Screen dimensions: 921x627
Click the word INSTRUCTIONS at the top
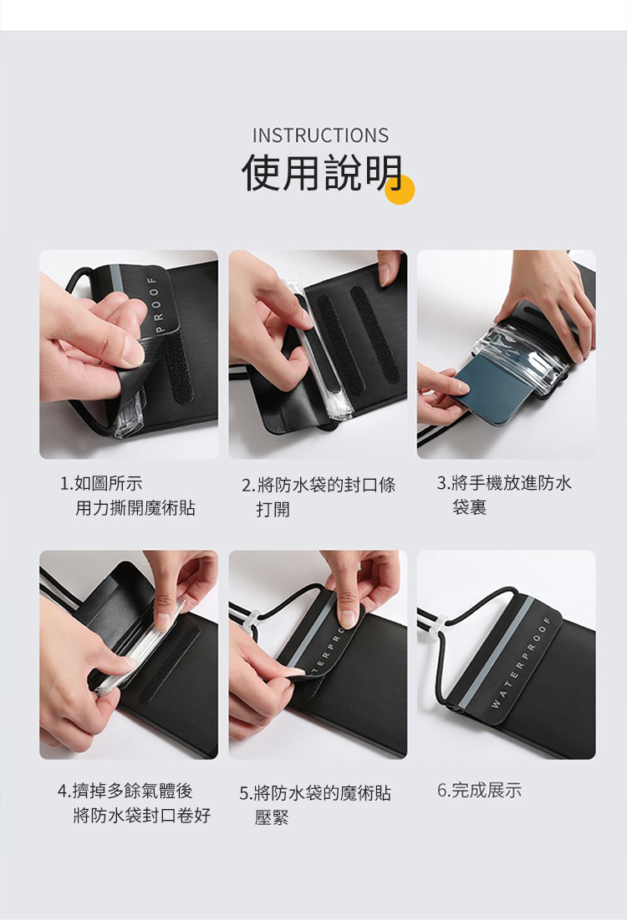coord(320,135)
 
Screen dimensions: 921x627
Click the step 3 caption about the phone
coord(504,495)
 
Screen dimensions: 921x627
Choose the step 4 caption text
coord(134,803)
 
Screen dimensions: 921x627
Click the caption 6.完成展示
coord(479,791)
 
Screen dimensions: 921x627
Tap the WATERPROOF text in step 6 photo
coord(522,664)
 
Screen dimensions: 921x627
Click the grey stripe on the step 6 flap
coord(499,648)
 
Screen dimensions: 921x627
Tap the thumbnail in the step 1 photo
coord(132,350)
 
